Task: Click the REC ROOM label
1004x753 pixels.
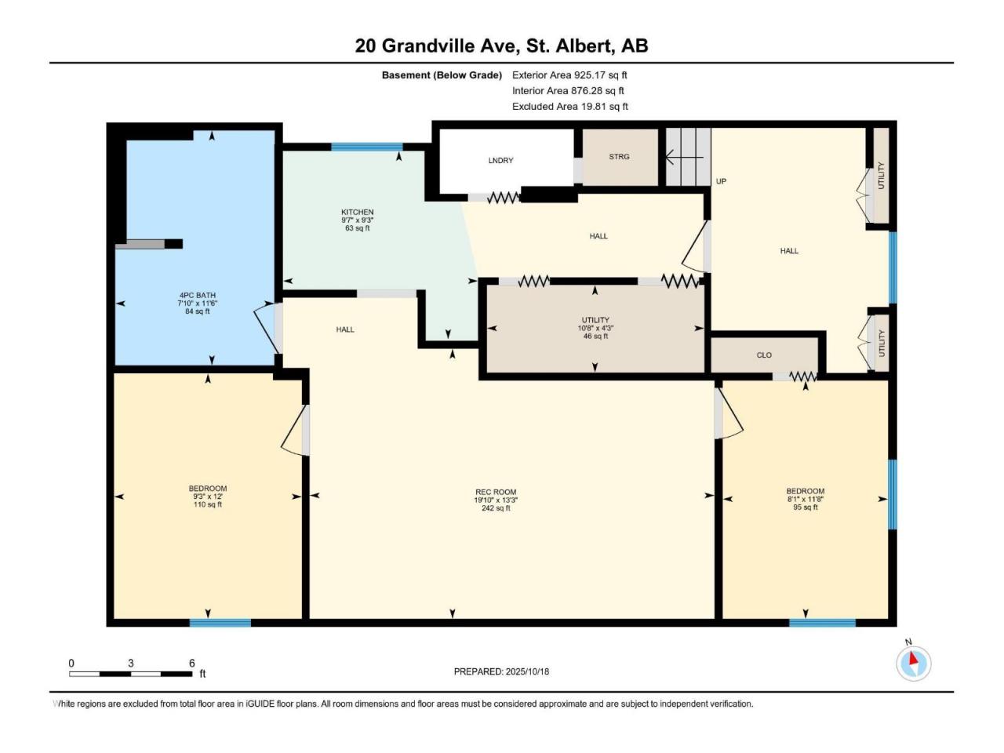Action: tap(496, 492)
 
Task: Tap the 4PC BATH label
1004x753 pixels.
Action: tap(198, 296)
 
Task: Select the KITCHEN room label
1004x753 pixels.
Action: tap(357, 212)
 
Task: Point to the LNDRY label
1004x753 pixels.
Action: tap(500, 161)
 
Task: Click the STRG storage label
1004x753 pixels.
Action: tap(619, 157)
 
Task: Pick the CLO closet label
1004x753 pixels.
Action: tap(764, 355)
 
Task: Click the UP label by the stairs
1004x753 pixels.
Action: tap(721, 181)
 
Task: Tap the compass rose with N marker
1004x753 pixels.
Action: tap(913, 664)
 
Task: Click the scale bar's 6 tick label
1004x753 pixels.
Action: tap(191, 663)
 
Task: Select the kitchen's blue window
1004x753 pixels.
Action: tap(367, 147)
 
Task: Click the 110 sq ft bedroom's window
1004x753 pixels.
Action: tap(220, 623)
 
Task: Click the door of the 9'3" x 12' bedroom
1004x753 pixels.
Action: tap(295, 431)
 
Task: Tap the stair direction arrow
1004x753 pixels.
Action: tap(684, 158)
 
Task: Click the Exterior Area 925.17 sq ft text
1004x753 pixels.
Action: tap(569, 75)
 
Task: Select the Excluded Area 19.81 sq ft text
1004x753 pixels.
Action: tap(570, 107)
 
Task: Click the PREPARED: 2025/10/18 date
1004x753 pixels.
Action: tap(501, 671)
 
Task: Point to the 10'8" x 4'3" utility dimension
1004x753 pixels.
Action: tap(595, 329)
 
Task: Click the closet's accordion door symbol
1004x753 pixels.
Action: tap(803, 376)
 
